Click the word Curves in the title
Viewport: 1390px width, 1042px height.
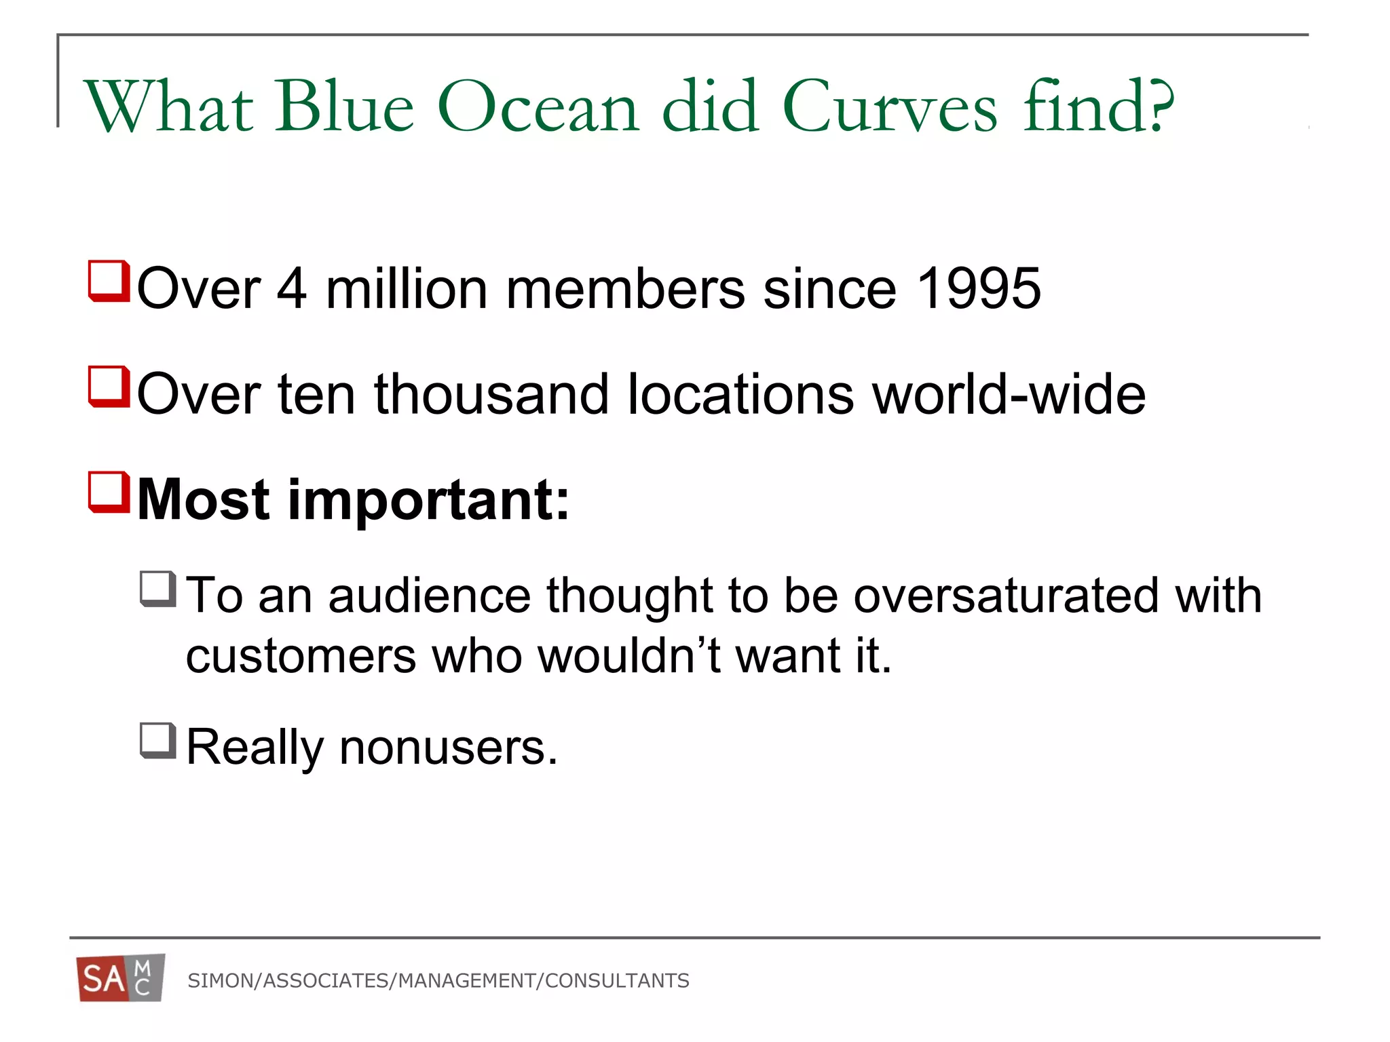pos(890,107)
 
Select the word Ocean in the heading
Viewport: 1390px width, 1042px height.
pos(538,107)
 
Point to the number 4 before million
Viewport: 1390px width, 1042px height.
pos(292,289)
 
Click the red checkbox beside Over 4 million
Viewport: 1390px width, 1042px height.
pos(109,281)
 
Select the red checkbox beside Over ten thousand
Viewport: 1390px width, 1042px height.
pos(109,387)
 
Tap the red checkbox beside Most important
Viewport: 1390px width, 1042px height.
pos(109,493)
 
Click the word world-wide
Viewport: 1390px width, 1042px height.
pos(1009,395)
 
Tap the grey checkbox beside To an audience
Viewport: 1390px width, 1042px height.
pos(158,589)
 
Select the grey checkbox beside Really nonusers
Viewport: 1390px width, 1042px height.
pos(158,740)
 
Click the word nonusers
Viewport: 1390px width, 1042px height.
pos(448,748)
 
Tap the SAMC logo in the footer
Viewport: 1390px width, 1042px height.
pos(121,978)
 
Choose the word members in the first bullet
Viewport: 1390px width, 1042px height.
pos(625,289)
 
